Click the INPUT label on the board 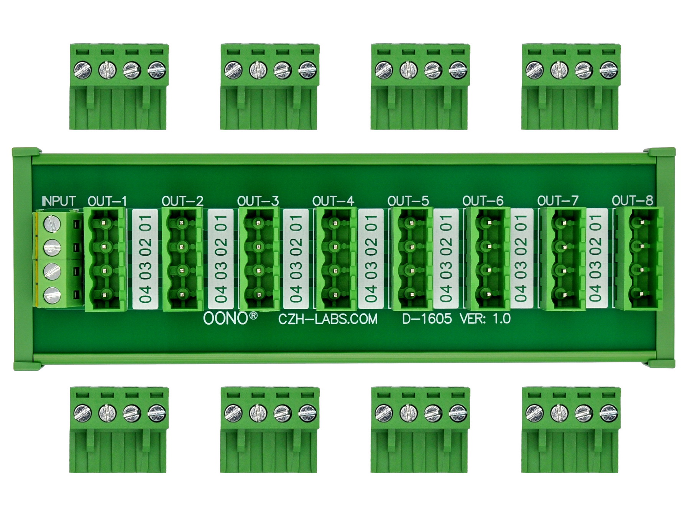click(x=59, y=201)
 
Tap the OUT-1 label click(x=107, y=201)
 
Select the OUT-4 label click(x=333, y=201)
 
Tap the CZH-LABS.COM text click(x=328, y=319)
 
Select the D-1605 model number click(x=427, y=318)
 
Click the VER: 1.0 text click(x=485, y=318)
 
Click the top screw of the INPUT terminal click(x=52, y=223)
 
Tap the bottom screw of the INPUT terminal click(x=52, y=295)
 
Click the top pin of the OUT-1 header click(x=105, y=223)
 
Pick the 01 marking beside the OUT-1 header click(x=146, y=223)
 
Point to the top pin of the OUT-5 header click(x=411, y=223)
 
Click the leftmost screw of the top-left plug click(x=83, y=70)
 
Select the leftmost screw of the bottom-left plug click(x=83, y=413)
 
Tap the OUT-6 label click(x=483, y=201)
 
